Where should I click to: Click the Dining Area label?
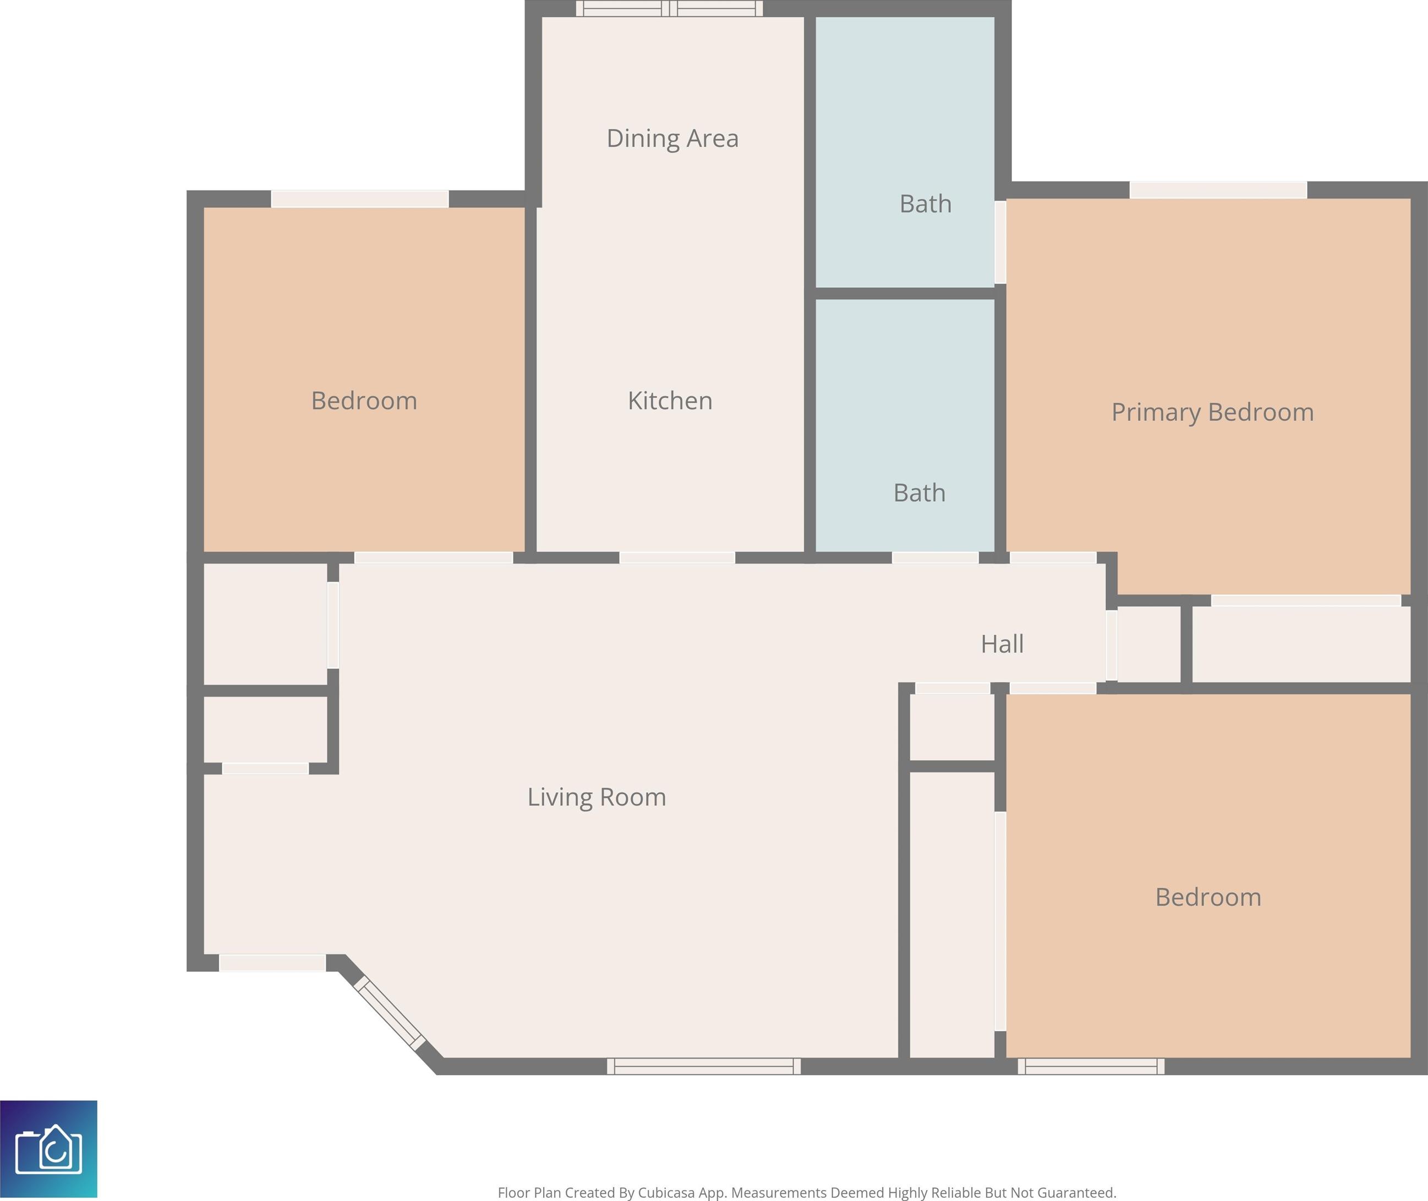[672, 138]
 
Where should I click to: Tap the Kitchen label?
[670, 401]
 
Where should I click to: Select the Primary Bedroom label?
[1212, 413]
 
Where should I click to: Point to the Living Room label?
[597, 797]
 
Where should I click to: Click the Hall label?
[1002, 644]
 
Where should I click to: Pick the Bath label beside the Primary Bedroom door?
[926, 204]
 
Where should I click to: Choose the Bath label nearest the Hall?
[920, 493]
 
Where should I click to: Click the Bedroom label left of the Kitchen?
[364, 401]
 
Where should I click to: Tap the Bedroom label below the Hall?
[1208, 897]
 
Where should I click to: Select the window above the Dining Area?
[669, 8]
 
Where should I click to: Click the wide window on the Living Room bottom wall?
[703, 1066]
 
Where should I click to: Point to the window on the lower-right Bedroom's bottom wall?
[1091, 1066]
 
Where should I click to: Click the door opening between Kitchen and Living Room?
[677, 558]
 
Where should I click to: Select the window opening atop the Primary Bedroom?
[1218, 190]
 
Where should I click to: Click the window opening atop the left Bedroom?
[359, 199]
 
